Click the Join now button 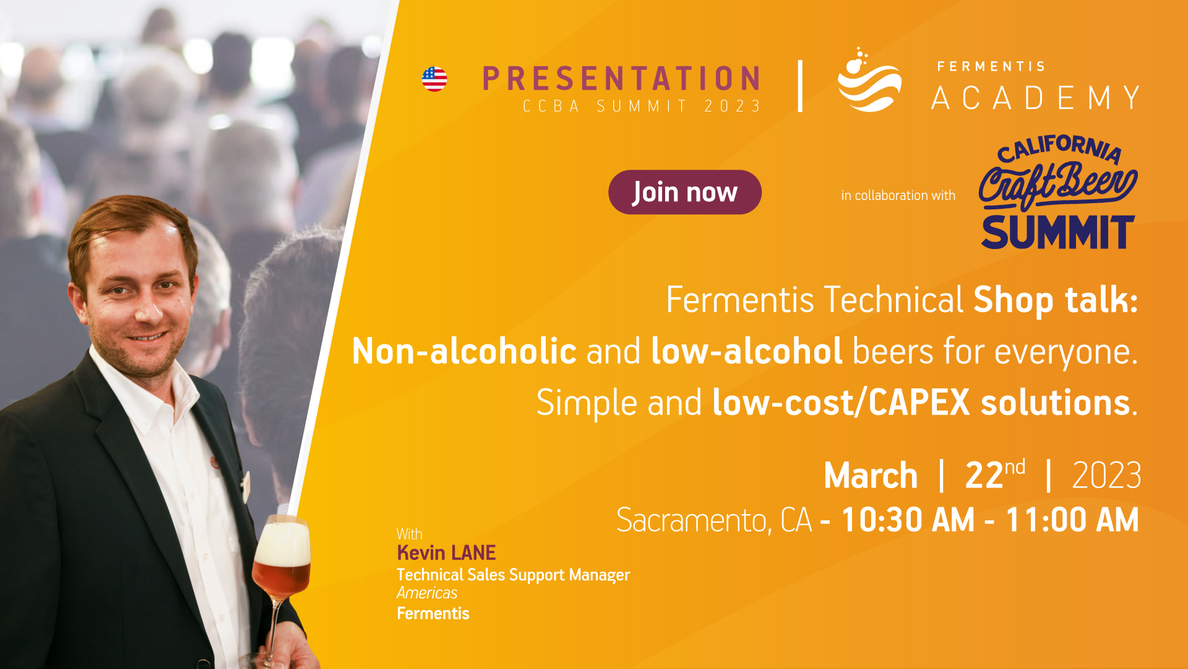click(684, 192)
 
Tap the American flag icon click(434, 79)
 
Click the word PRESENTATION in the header click(621, 79)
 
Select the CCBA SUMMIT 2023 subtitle click(642, 107)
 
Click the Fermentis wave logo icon click(869, 81)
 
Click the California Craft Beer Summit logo click(1058, 192)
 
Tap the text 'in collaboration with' click(898, 196)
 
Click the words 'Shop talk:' click(1056, 300)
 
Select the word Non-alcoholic click(464, 351)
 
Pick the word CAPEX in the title click(919, 403)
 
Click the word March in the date click(871, 476)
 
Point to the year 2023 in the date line click(1106, 476)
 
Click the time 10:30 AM click(908, 520)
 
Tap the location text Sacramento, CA click(714, 520)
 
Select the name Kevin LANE click(446, 553)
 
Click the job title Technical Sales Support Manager click(513, 575)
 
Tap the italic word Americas click(427, 593)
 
